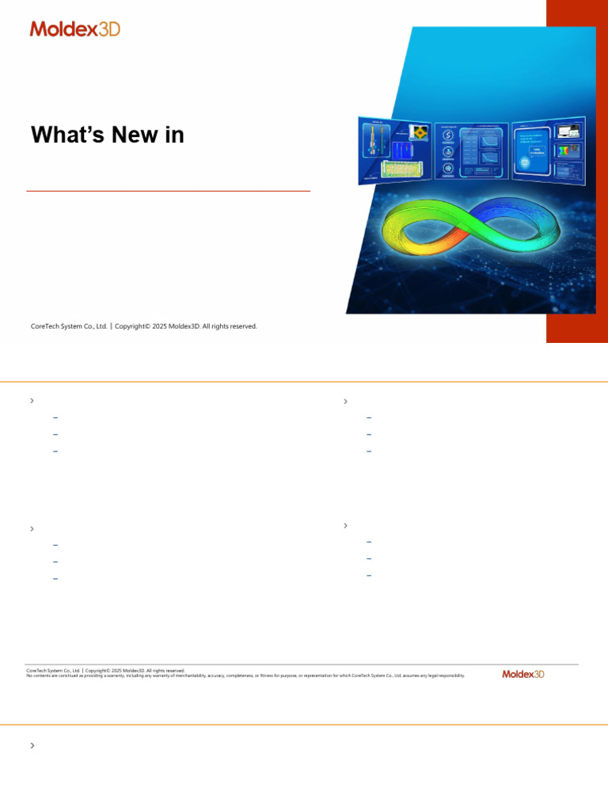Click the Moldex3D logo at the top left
(75, 29)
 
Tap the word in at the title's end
(174, 135)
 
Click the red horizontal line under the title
(168, 191)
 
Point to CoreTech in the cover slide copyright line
(46, 326)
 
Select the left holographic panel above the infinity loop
(393, 150)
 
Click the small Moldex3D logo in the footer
(523, 674)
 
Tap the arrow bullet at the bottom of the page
(32, 745)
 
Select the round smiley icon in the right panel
(526, 162)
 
